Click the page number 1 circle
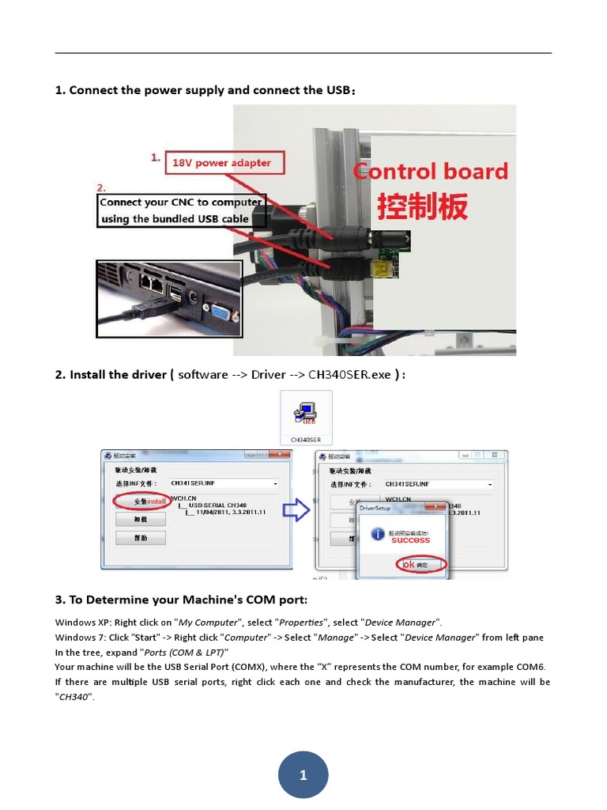[x=303, y=775]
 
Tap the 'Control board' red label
[x=431, y=172]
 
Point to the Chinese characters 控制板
[x=422, y=206]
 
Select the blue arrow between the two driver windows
[x=296, y=511]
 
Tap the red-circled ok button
[x=420, y=565]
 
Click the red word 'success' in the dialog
[x=410, y=540]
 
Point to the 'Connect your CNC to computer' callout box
[x=181, y=210]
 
